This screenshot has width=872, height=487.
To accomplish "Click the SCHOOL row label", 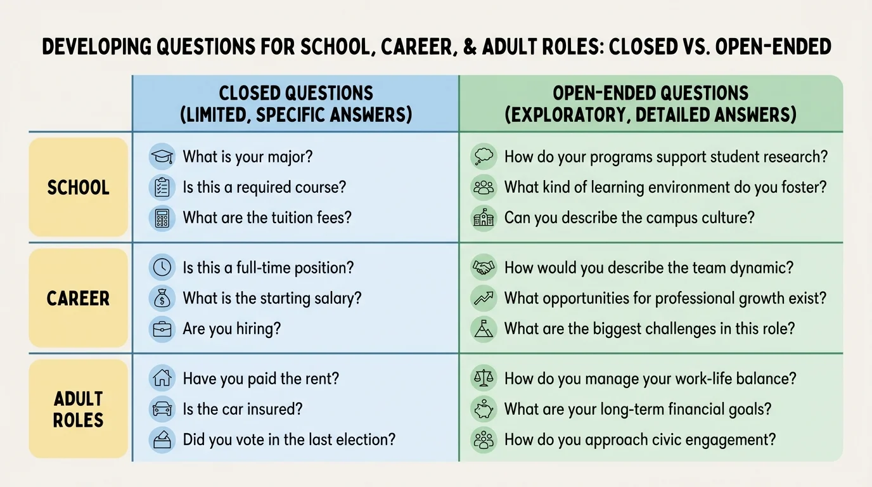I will [x=78, y=188].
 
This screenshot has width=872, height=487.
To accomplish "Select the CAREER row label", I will [x=78, y=298].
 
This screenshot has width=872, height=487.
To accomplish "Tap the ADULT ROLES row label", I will [x=78, y=409].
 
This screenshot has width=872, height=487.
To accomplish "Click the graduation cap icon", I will [x=162, y=157].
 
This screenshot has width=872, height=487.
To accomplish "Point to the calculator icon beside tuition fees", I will [x=162, y=218].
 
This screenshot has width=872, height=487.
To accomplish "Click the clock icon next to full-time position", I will [x=162, y=268].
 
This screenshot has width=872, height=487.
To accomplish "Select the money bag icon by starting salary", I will [x=162, y=298].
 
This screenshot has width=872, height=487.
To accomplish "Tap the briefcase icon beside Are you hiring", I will [x=162, y=329].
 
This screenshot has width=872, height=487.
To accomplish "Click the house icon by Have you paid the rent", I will [x=162, y=379].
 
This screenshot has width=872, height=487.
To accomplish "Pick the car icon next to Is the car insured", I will [x=162, y=409].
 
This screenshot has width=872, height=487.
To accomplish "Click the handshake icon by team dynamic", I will [x=484, y=268].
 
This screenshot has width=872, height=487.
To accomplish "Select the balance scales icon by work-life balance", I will [x=484, y=379].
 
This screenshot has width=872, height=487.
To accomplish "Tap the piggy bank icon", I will [x=484, y=409].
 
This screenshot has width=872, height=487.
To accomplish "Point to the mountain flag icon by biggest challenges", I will [x=484, y=329].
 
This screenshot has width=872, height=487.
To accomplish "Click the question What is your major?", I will [x=248, y=157].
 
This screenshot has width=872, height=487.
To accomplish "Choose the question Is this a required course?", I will [x=265, y=188].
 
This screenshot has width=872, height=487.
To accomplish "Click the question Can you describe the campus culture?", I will [x=629, y=218].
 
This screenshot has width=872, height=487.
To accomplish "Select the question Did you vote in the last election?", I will [x=289, y=439].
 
